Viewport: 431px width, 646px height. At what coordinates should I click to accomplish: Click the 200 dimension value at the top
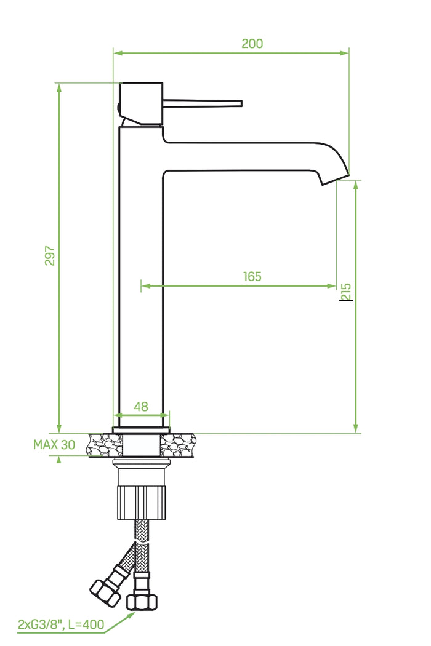point(252,44)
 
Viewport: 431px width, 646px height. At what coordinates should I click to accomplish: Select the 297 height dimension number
point(50,256)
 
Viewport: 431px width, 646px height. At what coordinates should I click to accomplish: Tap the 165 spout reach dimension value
point(251,276)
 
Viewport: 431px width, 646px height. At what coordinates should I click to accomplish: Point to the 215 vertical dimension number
point(346,292)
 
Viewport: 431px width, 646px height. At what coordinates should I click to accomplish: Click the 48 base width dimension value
point(141,407)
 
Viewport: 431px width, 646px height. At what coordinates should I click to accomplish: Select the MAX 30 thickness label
point(54,445)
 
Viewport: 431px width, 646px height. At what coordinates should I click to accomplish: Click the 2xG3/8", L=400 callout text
point(61,625)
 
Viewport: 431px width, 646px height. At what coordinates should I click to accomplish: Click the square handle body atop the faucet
point(141,103)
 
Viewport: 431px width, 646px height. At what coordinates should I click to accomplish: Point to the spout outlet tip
point(336,178)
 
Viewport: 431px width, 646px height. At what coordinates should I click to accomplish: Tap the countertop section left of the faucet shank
point(105,444)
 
